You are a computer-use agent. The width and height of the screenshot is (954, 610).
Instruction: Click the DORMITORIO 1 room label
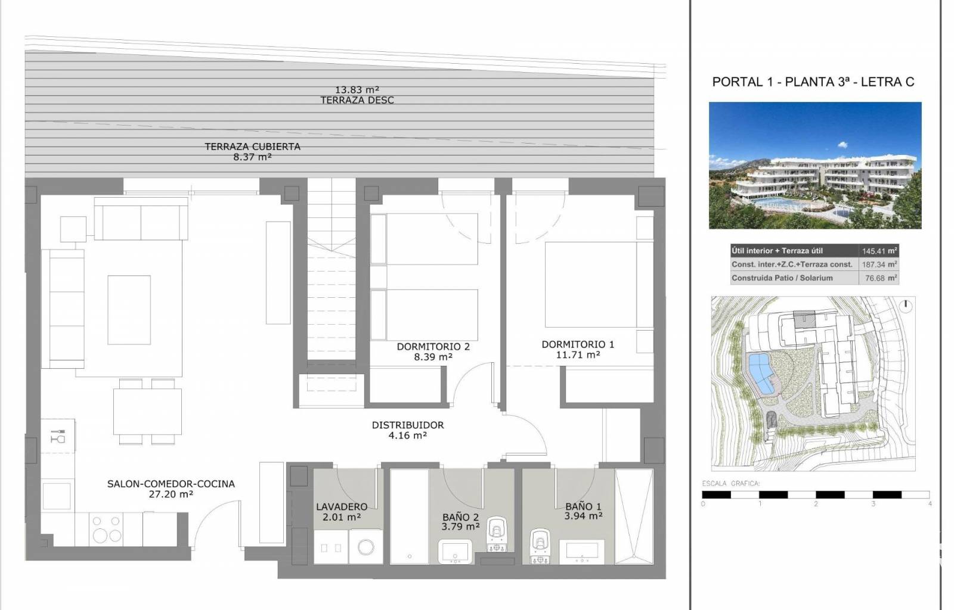578,344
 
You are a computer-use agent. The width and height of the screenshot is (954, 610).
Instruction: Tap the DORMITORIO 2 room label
433,347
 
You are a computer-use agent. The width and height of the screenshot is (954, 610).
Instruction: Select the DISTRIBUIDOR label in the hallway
408,425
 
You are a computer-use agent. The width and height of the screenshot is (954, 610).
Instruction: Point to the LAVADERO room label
342,506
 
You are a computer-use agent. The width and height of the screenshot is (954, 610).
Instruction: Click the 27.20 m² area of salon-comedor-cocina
171,494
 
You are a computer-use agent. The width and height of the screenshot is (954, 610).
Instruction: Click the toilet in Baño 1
540,545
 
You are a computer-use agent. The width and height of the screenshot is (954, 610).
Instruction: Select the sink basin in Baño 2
455,551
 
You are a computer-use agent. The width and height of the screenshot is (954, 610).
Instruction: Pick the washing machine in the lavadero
366,547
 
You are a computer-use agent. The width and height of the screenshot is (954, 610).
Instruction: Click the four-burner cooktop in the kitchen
106,529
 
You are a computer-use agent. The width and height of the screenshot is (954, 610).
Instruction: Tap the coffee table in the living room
129,310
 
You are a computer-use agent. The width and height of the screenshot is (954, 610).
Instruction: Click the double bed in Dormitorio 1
599,285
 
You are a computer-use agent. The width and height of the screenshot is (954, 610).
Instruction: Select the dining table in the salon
147,412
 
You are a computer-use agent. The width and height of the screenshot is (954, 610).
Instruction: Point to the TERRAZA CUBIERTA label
253,147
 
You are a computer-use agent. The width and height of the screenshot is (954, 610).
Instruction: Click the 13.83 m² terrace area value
357,90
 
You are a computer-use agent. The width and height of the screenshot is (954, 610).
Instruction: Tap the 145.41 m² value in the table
879,251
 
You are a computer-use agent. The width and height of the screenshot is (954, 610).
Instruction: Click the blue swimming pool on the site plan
761,374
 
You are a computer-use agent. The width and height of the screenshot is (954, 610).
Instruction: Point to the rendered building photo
815,166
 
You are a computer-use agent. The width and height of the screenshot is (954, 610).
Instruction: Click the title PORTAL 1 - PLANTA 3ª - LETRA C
813,82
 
